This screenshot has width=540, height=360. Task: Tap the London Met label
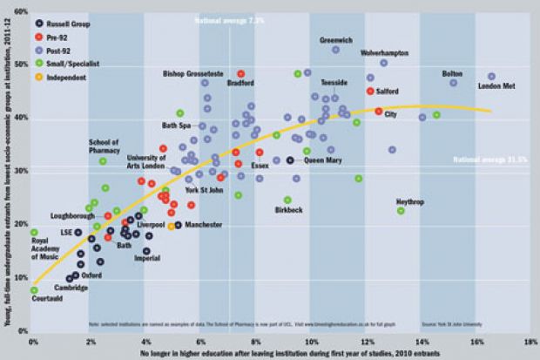point(499,85)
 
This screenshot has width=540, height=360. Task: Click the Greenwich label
point(336,40)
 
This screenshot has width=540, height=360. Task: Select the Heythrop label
point(410,200)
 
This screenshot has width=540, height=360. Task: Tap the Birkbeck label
point(288,210)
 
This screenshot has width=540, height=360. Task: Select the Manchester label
point(205,225)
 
